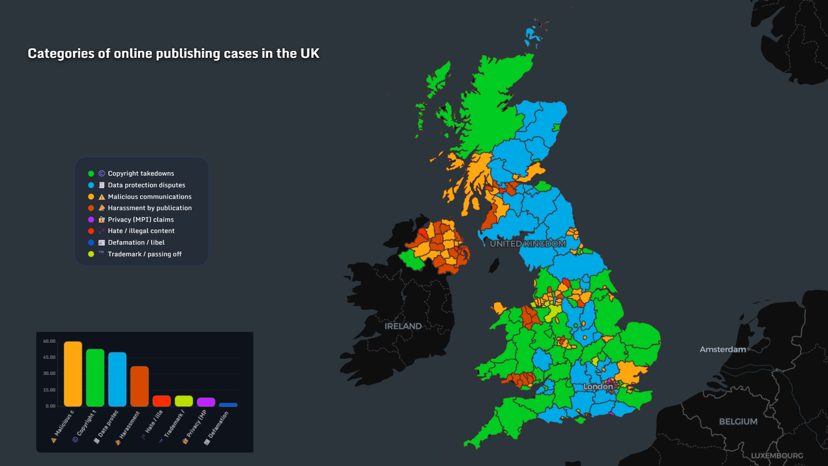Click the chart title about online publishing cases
pos(173,54)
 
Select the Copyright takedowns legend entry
pos(141,173)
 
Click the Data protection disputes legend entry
pos(146,185)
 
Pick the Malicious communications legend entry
pos(149,197)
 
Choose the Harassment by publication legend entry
pos(149,208)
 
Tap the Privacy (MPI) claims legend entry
pos(141,220)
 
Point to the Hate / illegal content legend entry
pos(141,231)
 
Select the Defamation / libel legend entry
pos(136,242)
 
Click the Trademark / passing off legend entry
pos(144,254)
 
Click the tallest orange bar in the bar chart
pos(73,374)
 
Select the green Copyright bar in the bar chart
pos(95,378)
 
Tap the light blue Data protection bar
pos(117,379)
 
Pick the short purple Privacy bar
pos(206,402)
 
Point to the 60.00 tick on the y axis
pos(49,341)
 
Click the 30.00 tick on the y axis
pos(49,374)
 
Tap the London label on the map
pos(598,387)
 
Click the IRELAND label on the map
pos(403,326)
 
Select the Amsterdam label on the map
pos(722,349)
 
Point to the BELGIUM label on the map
pos(738,422)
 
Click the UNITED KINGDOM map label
pos(527,244)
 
